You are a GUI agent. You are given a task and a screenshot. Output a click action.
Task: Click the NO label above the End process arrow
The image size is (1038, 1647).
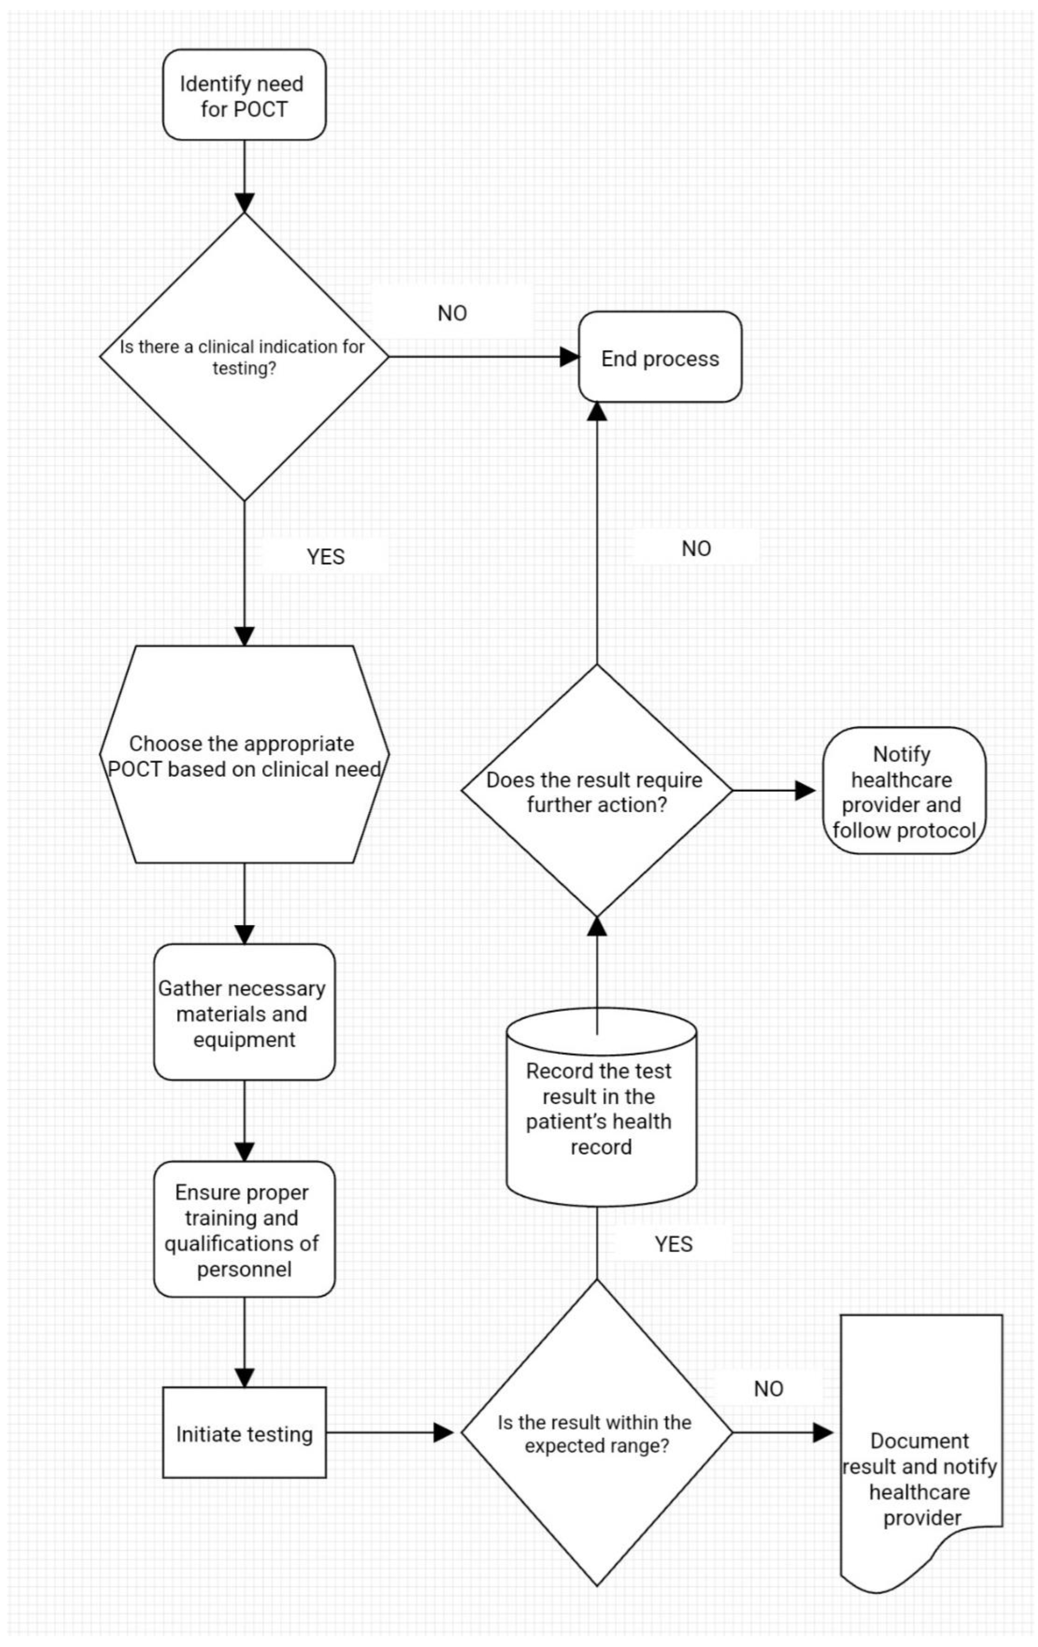(452, 313)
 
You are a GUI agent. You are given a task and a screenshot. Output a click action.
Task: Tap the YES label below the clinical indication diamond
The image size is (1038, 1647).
(326, 557)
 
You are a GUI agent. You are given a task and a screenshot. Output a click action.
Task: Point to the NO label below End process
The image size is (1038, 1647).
(696, 549)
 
